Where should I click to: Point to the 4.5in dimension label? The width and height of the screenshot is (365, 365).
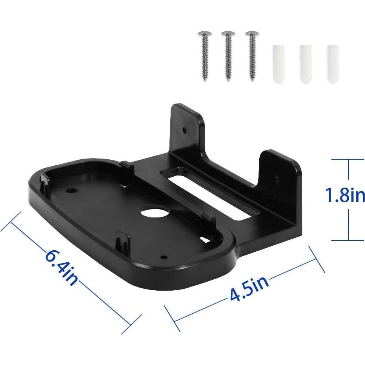pos(249,289)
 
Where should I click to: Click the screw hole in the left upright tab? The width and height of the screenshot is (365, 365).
pos(184,130)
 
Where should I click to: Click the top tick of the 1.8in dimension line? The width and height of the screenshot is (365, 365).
pos(348,160)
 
